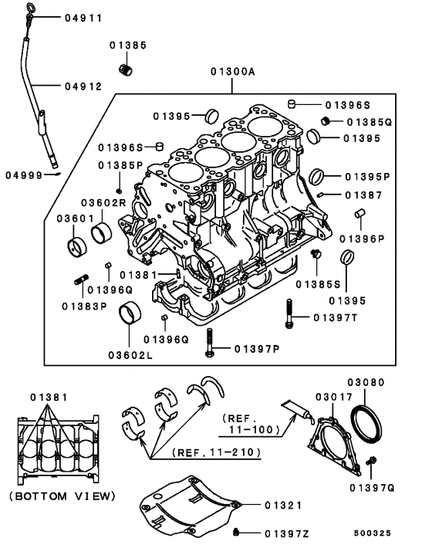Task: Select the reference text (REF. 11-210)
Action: [217, 452]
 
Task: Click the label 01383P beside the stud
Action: [83, 305]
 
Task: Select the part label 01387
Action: [363, 195]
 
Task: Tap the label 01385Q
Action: [369, 121]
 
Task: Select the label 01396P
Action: [361, 239]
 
